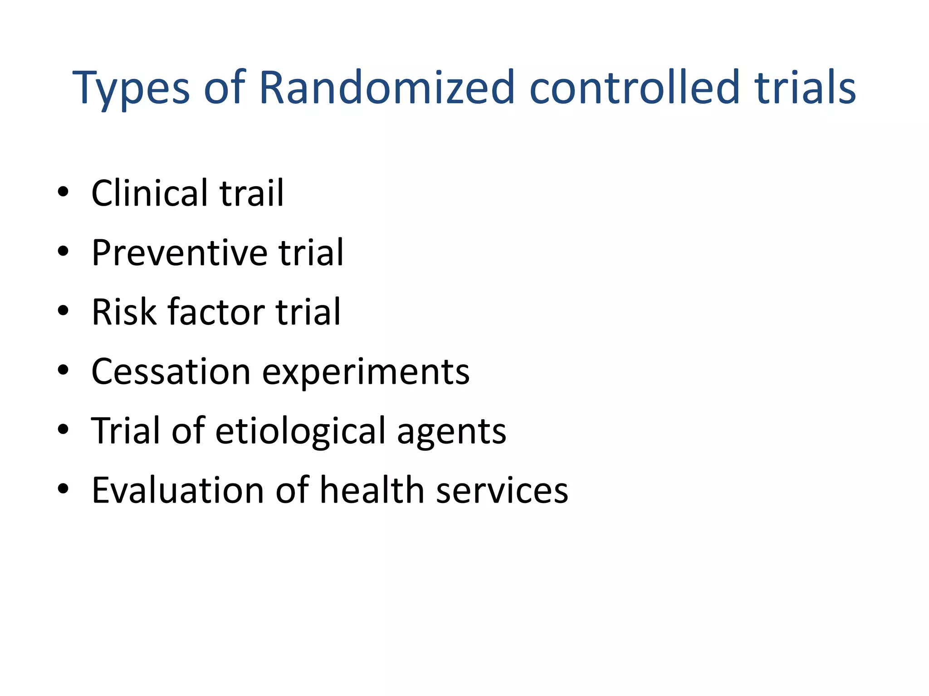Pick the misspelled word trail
coord(252,193)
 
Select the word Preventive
coord(179,253)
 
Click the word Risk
coord(124,312)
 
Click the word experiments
coord(366,372)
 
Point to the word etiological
coord(300,431)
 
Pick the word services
coord(502,490)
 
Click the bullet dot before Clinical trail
coord(63,192)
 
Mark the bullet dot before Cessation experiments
coord(63,370)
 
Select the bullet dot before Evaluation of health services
coord(63,489)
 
